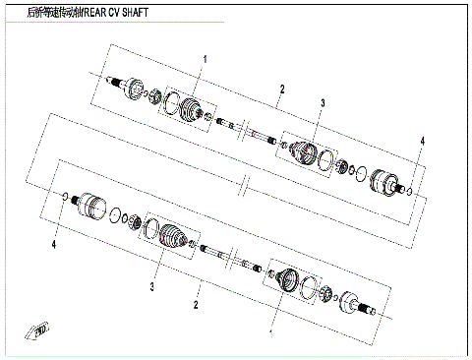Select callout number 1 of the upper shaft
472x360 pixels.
pos(205,60)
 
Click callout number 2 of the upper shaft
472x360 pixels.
pos(281,90)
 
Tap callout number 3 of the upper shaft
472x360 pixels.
pos(322,103)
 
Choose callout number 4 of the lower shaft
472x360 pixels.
pos(55,241)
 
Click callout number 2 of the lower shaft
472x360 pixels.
pos(197,306)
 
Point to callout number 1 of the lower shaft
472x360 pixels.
pos(270,334)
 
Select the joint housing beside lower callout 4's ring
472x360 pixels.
pos(88,207)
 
